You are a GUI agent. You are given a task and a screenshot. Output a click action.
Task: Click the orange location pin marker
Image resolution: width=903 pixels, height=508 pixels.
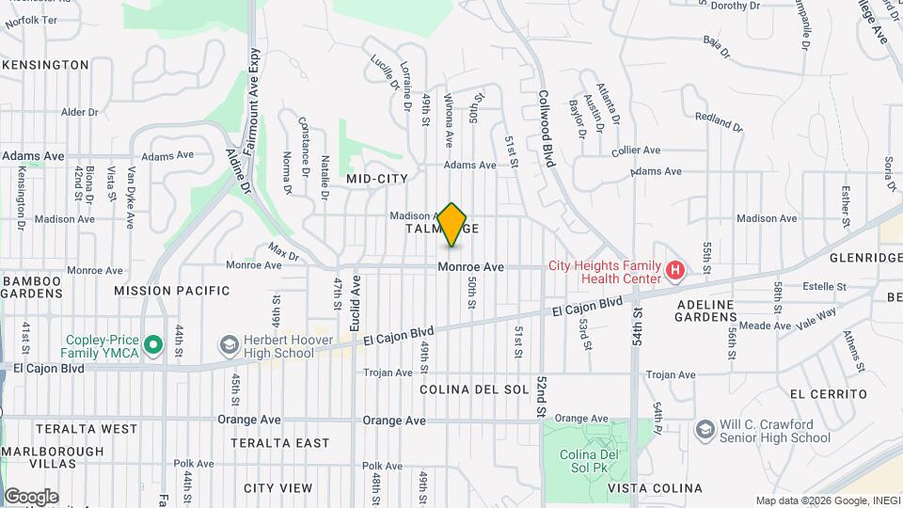[x=452, y=225]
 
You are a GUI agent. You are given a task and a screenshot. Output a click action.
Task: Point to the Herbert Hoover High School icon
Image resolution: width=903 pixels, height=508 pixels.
[x=227, y=346]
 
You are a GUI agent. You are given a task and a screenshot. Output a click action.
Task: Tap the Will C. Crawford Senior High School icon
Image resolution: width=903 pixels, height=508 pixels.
[x=705, y=430]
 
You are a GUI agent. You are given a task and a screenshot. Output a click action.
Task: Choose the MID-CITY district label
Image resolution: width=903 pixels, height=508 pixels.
[x=377, y=178]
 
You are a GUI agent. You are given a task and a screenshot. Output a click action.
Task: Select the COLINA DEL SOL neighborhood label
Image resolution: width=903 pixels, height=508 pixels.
[x=474, y=389]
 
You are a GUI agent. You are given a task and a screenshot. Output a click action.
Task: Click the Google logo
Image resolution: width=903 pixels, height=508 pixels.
[x=31, y=497]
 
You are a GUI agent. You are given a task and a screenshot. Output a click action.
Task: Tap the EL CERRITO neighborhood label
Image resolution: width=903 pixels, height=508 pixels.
[x=829, y=393]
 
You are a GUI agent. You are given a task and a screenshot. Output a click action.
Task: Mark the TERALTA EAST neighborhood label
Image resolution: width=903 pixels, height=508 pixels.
[x=280, y=443]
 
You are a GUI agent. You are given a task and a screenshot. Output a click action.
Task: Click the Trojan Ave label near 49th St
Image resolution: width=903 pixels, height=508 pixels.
[x=389, y=373]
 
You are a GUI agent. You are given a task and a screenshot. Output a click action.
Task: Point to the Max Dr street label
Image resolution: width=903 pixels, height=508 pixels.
[x=282, y=253]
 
